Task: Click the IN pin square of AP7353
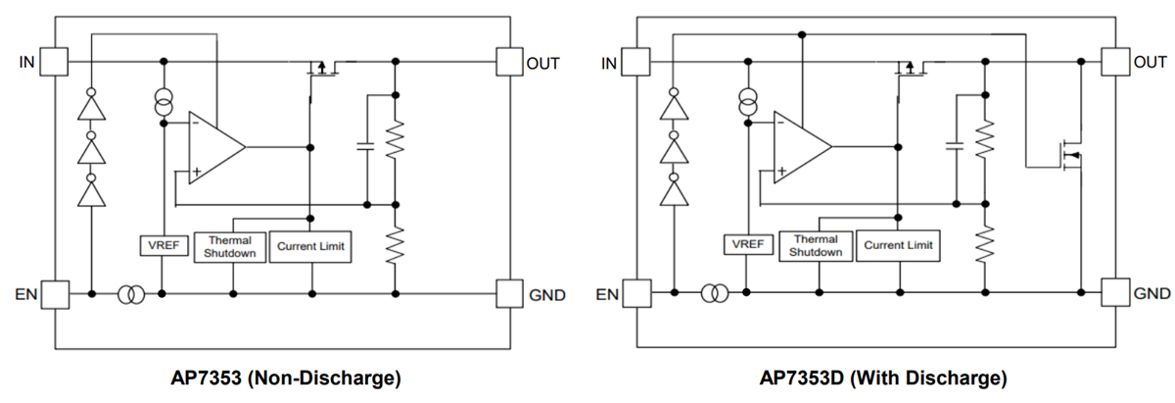pos(54,62)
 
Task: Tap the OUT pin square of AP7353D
pos(1114,62)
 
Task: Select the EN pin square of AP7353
pos(54,293)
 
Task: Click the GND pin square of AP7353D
pos(1114,292)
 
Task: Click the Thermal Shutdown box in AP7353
pos(230,246)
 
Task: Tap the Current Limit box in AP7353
pos(310,246)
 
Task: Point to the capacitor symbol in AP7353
pos(365,146)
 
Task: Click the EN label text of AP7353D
pos(608,294)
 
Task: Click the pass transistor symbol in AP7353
pos(318,69)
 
